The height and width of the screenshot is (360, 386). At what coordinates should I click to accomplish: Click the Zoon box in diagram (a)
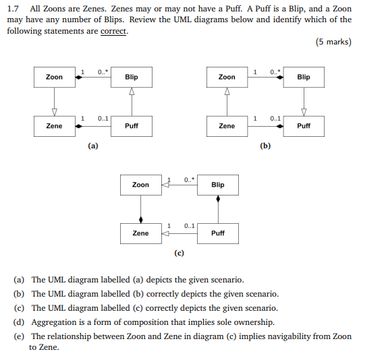(54, 78)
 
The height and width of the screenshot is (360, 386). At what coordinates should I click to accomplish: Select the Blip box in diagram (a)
(132, 78)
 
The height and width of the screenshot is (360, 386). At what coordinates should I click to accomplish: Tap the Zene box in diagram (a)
(54, 126)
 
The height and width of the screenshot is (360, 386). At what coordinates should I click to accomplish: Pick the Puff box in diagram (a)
(132, 126)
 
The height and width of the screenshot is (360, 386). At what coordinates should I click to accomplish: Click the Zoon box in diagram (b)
(227, 78)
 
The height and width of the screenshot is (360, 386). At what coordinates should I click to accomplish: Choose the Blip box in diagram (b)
(304, 78)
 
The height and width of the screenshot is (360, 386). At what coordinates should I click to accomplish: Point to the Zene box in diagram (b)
(227, 126)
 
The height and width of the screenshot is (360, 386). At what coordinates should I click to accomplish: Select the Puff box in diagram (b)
(304, 126)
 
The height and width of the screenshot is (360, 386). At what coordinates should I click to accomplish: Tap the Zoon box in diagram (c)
(140, 185)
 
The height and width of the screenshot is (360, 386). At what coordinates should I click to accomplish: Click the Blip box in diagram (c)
(217, 185)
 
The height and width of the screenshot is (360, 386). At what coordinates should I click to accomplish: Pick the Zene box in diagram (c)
(140, 233)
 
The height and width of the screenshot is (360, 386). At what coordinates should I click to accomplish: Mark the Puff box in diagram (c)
(217, 233)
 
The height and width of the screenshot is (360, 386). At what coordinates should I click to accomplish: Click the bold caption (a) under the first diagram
(92, 146)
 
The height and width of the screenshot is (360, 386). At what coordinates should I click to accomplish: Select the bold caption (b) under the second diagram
(265, 146)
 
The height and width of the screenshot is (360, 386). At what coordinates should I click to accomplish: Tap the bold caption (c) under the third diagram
(179, 253)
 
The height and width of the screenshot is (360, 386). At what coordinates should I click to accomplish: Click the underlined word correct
(113, 31)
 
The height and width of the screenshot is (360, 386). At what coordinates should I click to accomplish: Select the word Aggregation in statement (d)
(53, 322)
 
